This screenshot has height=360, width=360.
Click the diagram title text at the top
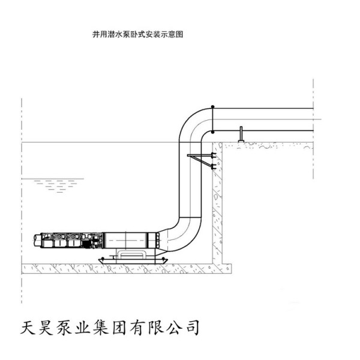137,35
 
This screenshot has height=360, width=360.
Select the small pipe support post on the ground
240,135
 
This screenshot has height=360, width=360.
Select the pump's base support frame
133,257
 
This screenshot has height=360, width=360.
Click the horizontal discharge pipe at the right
270,119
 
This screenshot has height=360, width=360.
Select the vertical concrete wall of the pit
217,204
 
